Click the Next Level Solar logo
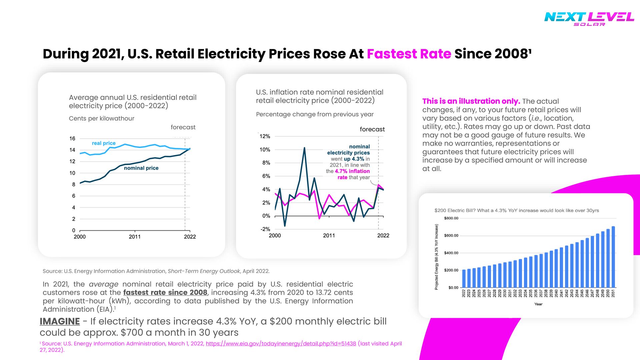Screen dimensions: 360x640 [589, 19]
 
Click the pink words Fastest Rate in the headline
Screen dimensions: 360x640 [409, 54]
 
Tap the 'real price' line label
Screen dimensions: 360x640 [104, 143]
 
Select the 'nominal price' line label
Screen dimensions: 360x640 [141, 168]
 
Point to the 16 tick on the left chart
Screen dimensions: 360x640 [72, 139]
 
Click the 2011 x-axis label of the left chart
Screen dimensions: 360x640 [135, 237]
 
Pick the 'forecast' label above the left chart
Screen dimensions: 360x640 [183, 127]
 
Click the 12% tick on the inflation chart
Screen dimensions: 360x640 [265, 136]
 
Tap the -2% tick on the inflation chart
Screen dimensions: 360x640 [265, 229]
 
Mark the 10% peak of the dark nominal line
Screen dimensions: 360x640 [304, 148]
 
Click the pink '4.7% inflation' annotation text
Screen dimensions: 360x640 [352, 171]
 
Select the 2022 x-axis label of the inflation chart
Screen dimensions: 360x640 [383, 236]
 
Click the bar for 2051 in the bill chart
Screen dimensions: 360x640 [613, 257]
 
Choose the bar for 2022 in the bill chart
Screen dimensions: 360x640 [464, 278]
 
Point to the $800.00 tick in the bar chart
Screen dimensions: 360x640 [451, 218]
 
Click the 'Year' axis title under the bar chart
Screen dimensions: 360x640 [538, 304]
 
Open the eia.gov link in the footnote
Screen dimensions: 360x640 [281, 344]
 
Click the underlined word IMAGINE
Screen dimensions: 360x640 [60, 321]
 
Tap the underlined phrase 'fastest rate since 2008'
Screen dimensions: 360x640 [165, 293]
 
